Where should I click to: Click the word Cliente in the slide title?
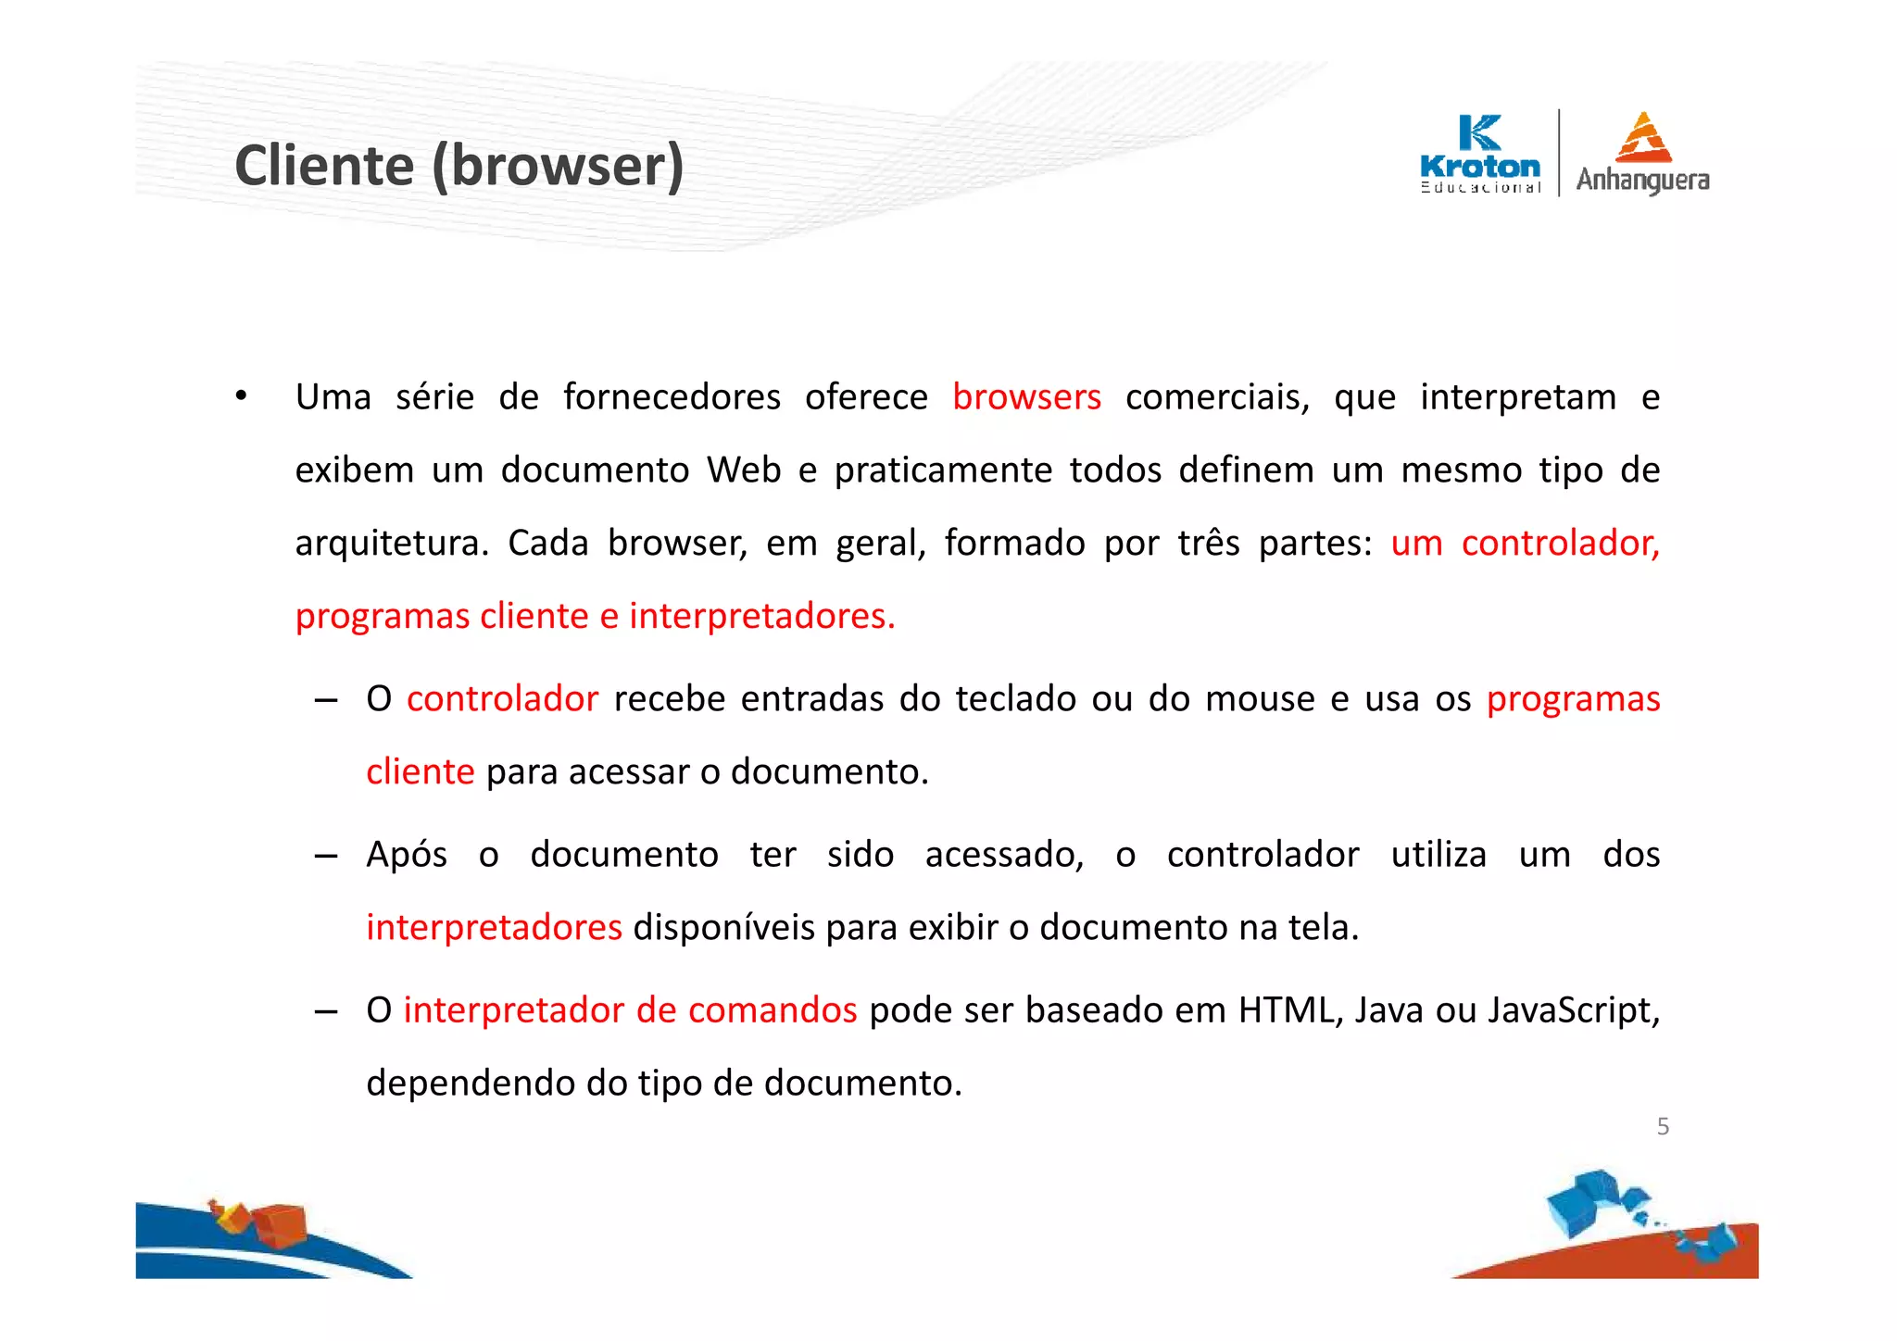pos(324,167)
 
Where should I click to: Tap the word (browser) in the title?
pos(559,167)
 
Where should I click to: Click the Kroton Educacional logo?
pos(1479,154)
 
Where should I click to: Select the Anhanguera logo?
pos(1642,154)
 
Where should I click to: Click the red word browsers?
pos(1026,397)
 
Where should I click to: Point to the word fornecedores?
pos(672,397)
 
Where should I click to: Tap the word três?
pos(1208,544)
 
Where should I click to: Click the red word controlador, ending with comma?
pos(1560,544)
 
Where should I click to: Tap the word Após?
pos(407,855)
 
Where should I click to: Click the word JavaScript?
pos(1573,1010)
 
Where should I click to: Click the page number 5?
pos(1663,1127)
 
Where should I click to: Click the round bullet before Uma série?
pos(241,397)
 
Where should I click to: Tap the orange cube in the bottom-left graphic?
pos(279,1224)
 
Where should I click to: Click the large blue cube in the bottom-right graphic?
pos(1583,1201)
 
